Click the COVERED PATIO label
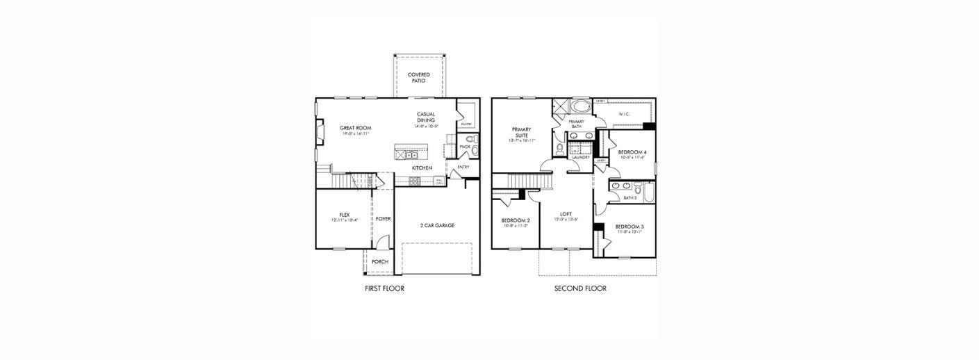tap(418, 77)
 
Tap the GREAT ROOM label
tap(355, 128)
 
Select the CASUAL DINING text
tap(425, 117)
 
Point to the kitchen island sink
tap(411, 155)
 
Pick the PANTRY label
tap(466, 124)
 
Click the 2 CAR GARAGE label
tap(437, 225)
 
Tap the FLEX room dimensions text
tap(344, 220)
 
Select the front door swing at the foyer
tap(381, 243)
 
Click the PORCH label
tap(380, 261)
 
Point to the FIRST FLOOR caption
tap(384, 288)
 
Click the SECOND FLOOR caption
tap(579, 288)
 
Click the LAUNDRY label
tap(580, 158)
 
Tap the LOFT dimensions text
tap(566, 220)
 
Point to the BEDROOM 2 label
tap(516, 220)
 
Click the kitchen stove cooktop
tap(414, 181)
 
